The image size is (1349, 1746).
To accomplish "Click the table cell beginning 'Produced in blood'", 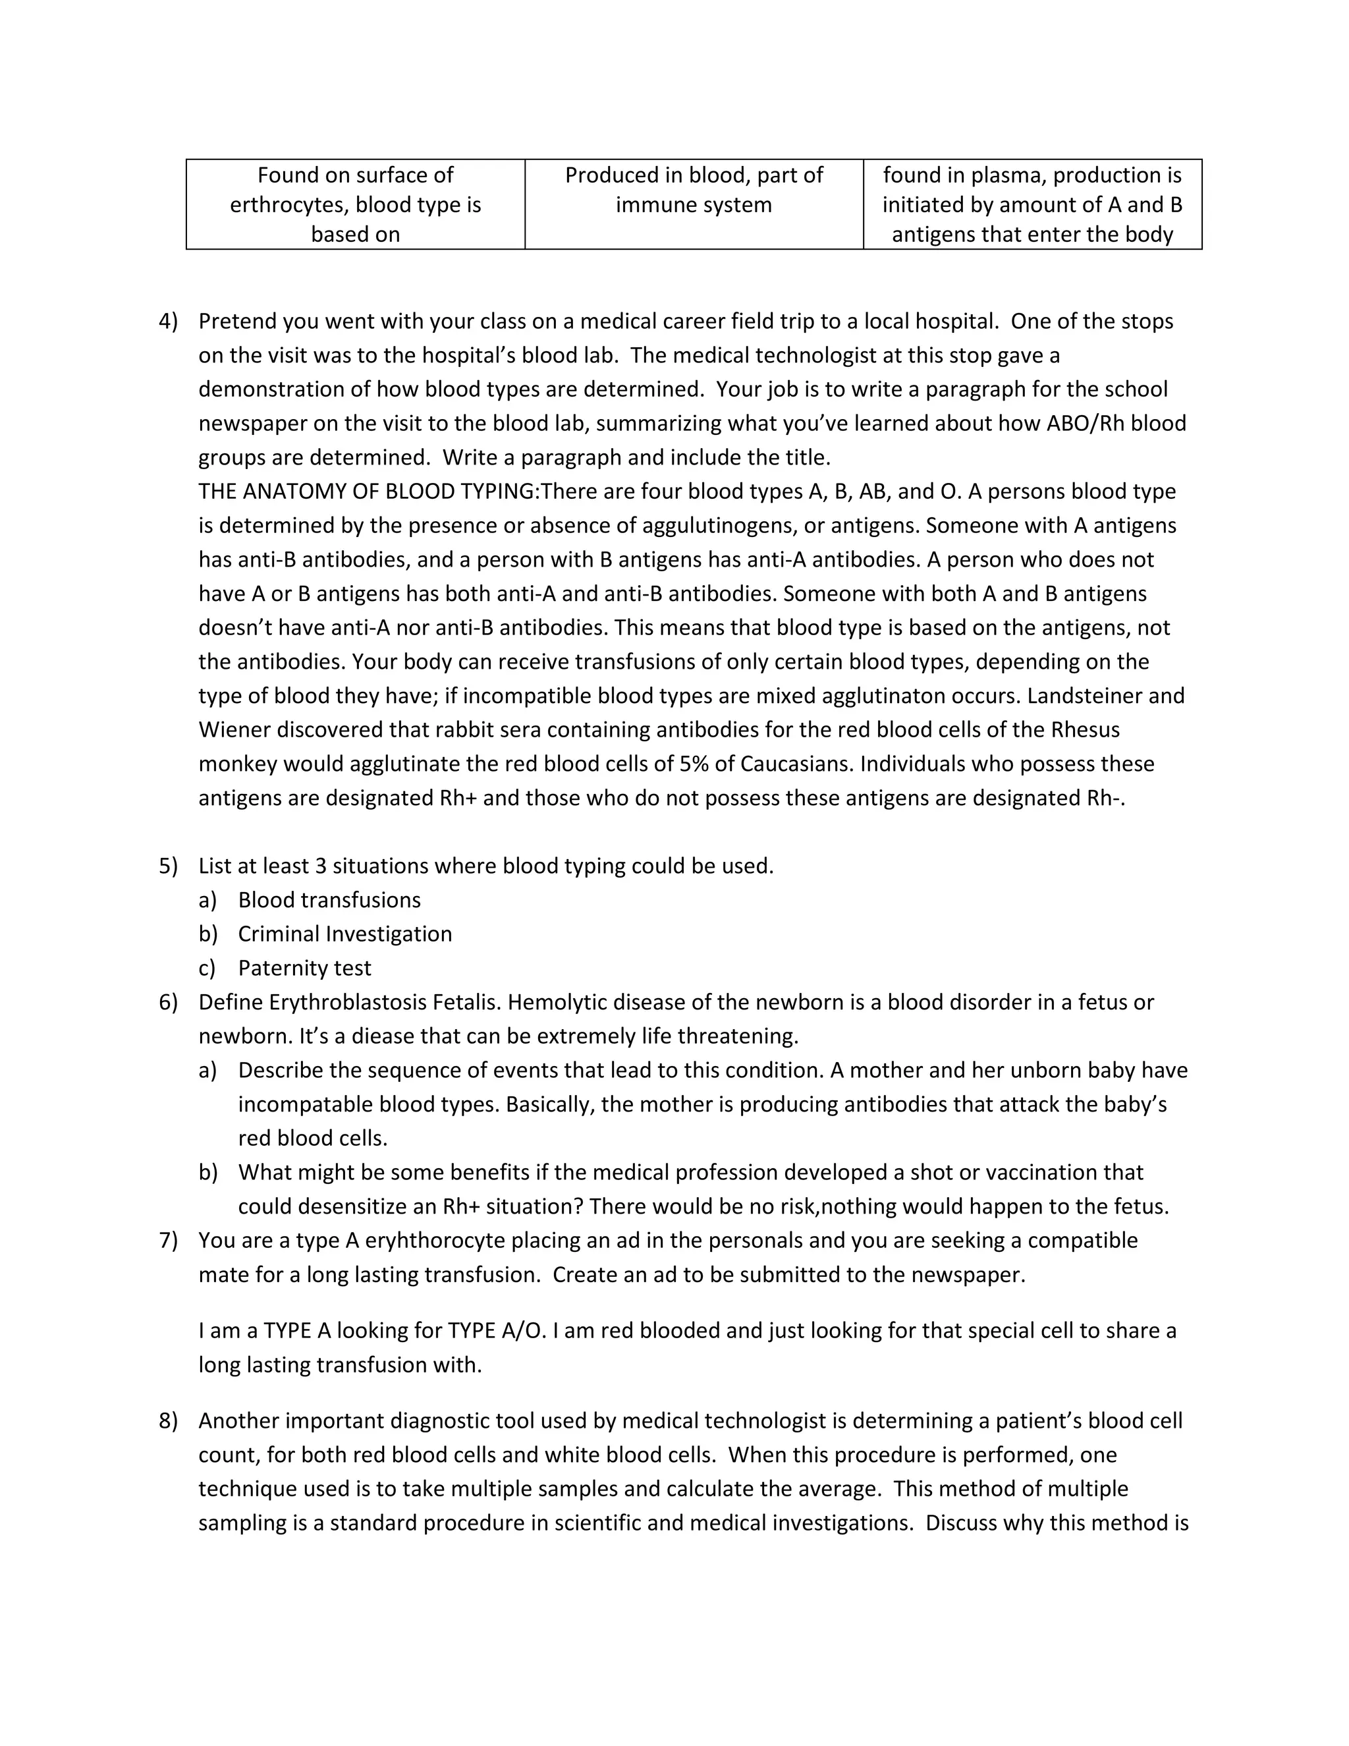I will coord(694,190).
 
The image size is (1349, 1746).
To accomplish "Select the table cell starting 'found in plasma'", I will coord(1032,205).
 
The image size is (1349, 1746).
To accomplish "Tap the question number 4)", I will coord(168,322).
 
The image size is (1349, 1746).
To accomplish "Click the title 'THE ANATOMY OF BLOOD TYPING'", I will coord(368,492).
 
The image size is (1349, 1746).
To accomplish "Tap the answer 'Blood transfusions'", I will coord(329,900).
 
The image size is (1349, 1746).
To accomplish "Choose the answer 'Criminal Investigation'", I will coord(344,934).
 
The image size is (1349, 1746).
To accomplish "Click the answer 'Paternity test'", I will coord(304,968).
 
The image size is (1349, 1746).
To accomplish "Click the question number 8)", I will coord(168,1421).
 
